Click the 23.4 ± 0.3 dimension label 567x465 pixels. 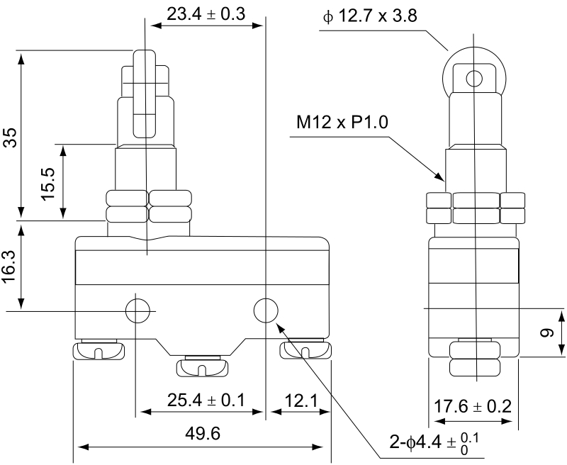click(206, 14)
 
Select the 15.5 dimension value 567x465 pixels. click(47, 184)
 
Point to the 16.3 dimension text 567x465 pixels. click(10, 267)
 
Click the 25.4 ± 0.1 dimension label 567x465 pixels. click(206, 400)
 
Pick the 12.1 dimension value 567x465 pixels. click(301, 400)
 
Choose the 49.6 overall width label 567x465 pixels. click(203, 433)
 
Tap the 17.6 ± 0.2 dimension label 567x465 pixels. click(473, 406)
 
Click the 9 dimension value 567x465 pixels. click(547, 332)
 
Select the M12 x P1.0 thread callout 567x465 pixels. click(342, 122)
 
